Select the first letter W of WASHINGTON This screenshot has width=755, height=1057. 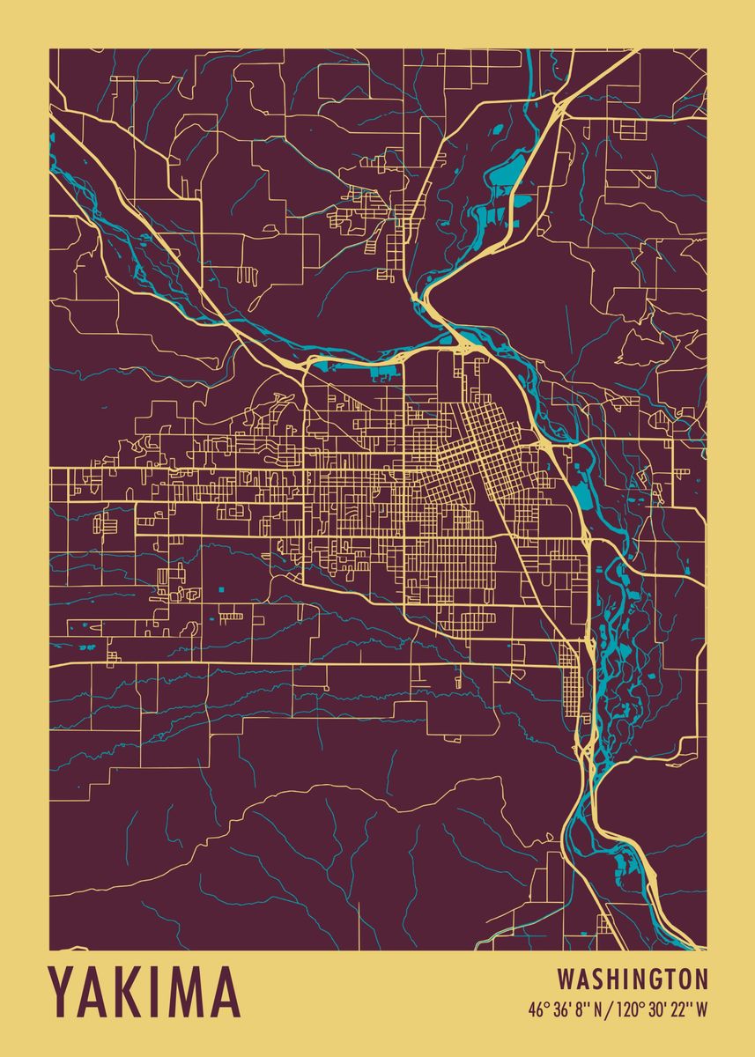565,979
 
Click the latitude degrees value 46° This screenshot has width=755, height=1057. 537,1009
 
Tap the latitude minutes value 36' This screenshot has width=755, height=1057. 562,1009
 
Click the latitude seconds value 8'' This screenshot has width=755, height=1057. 582,1009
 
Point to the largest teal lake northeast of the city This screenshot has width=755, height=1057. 505,176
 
